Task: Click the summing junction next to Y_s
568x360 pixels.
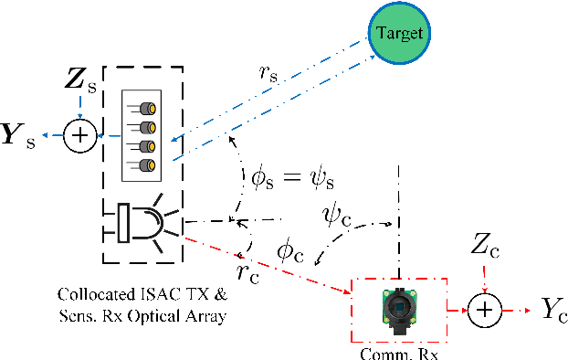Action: [x=81, y=135]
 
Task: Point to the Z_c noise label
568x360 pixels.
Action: [x=483, y=246]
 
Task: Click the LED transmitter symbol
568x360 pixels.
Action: [x=146, y=224]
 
